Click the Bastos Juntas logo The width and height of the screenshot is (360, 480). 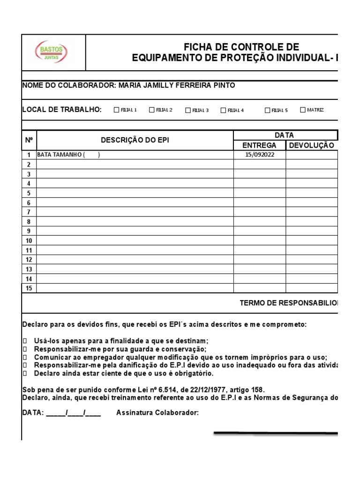[x=52, y=52]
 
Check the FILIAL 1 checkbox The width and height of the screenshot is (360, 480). [x=117, y=110]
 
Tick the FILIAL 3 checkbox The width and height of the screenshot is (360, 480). [x=188, y=111]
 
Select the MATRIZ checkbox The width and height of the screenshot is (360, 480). [x=302, y=110]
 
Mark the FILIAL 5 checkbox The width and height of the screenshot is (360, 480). [x=268, y=111]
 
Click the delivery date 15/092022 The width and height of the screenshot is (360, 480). [x=259, y=155]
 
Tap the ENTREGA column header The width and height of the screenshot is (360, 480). [x=259, y=145]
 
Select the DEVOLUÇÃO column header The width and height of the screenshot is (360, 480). [x=312, y=145]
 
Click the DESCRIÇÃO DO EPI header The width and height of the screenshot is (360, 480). [x=135, y=140]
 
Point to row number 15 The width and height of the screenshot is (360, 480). [x=29, y=288]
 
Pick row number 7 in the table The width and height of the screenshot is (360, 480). [x=29, y=212]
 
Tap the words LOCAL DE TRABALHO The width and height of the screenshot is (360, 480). [x=62, y=110]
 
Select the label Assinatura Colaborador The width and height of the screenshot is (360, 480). [x=157, y=413]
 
